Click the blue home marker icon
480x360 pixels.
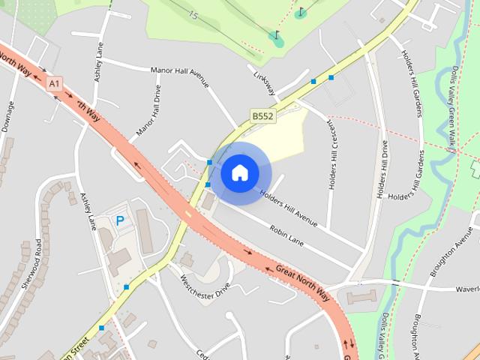tap(239, 173)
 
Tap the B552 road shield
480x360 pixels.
tap(262, 116)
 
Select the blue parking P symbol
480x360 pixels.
tap(119, 221)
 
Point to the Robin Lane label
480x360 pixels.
tap(286, 237)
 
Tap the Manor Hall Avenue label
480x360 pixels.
tap(180, 76)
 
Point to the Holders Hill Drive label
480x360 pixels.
tap(384, 169)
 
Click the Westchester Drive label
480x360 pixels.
tap(205, 288)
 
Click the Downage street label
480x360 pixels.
tap(8, 117)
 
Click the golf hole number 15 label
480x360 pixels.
tap(194, 15)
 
